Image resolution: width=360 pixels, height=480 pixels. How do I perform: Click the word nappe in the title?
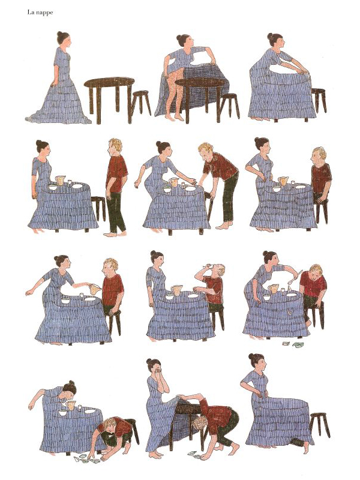44,13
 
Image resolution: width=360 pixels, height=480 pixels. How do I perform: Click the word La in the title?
31,12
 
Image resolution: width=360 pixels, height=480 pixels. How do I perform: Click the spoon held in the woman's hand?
295,277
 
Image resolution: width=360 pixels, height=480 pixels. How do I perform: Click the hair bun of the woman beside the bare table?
60,34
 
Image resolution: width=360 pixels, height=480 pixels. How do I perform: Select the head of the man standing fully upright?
116,148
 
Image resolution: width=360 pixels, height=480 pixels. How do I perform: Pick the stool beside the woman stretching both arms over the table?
319,100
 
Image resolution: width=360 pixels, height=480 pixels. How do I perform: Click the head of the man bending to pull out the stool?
206,152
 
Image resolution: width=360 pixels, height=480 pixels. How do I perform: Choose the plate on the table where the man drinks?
193,296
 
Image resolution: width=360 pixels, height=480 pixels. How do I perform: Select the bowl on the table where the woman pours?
65,301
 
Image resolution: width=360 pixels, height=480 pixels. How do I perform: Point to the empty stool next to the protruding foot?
320,425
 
